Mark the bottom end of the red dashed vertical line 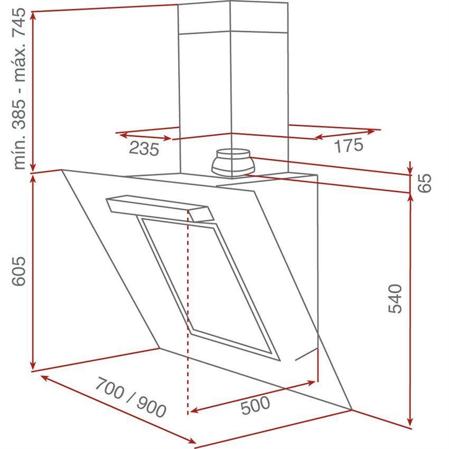point(188,414)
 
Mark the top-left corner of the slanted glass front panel point(62,170)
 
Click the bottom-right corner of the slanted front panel point(352,410)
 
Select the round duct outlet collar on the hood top point(233,163)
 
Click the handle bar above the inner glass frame point(160,208)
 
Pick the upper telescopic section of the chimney point(232,17)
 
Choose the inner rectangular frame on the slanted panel point(208,288)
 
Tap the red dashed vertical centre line point(188,312)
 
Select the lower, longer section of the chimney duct point(233,105)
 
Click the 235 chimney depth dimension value point(144,148)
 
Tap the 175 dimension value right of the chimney point(349,145)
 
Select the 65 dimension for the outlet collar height point(424,183)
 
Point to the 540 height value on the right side point(395,298)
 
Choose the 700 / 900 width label point(130,397)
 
